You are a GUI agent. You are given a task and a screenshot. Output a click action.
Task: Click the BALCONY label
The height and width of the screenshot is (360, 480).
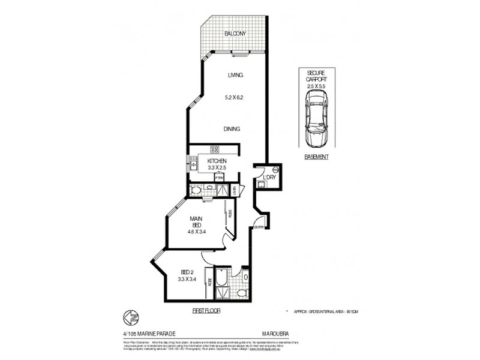(235, 34)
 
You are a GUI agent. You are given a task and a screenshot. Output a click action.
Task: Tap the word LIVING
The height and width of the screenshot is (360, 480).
(235, 76)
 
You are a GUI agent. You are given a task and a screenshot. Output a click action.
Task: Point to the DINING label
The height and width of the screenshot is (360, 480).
(232, 129)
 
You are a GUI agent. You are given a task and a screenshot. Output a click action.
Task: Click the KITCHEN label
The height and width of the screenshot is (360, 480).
(217, 161)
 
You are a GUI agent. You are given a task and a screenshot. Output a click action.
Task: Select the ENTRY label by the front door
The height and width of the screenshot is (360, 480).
(259, 227)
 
